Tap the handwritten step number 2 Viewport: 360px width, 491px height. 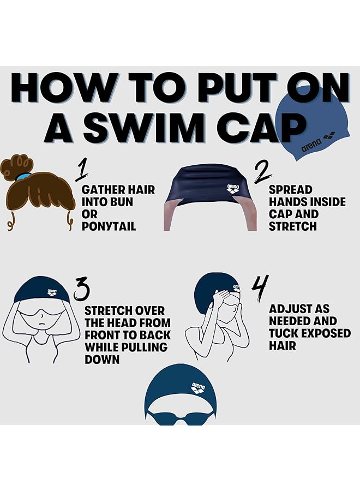(262, 171)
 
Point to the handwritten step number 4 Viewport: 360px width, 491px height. (260, 288)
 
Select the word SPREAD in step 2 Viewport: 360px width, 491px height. (291, 190)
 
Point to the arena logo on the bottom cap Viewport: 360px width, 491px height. (199, 388)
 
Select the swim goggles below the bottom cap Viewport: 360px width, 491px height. (181, 417)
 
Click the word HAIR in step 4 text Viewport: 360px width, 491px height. (283, 345)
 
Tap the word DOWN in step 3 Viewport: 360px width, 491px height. (102, 359)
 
